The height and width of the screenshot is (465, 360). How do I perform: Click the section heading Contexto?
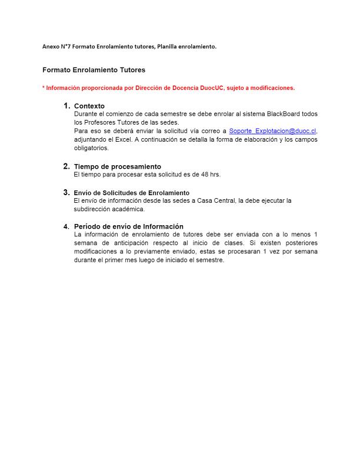[89, 106]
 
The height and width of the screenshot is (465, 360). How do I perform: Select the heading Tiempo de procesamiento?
[117, 166]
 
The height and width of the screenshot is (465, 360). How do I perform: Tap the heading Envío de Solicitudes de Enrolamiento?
[131, 193]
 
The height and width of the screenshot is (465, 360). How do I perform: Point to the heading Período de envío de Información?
[128, 226]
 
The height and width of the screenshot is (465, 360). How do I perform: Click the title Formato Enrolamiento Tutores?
[94, 69]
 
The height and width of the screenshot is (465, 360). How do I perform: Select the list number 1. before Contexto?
[66, 106]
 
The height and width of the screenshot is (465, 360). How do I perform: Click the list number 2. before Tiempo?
[66, 166]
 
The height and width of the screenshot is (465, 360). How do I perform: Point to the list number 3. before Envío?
[66, 192]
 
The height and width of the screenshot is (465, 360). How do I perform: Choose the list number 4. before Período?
[66, 226]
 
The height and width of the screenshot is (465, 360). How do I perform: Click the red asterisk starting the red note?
[44, 88]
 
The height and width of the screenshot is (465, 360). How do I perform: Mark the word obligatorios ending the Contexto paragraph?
[91, 148]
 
